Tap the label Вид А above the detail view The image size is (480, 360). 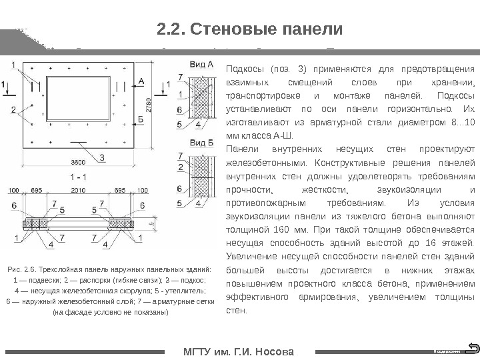[202, 65]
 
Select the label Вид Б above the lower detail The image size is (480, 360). [202, 143]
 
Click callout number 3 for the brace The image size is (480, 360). [101, 157]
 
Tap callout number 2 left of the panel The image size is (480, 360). [13, 109]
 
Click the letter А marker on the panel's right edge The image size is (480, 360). [141, 80]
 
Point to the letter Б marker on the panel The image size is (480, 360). [140, 117]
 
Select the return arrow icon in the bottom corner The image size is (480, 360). [473, 347]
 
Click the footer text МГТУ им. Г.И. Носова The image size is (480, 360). [238, 351]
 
